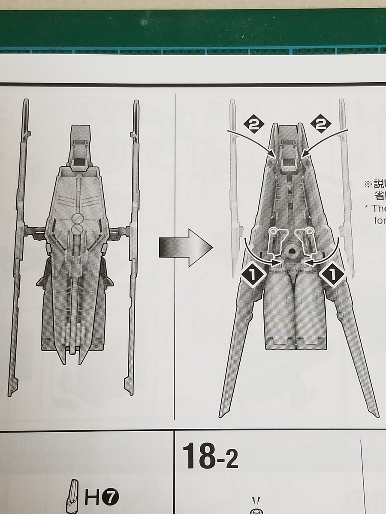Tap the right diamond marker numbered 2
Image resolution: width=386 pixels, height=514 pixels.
322,124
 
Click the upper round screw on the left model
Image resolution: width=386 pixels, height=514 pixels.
77,217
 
